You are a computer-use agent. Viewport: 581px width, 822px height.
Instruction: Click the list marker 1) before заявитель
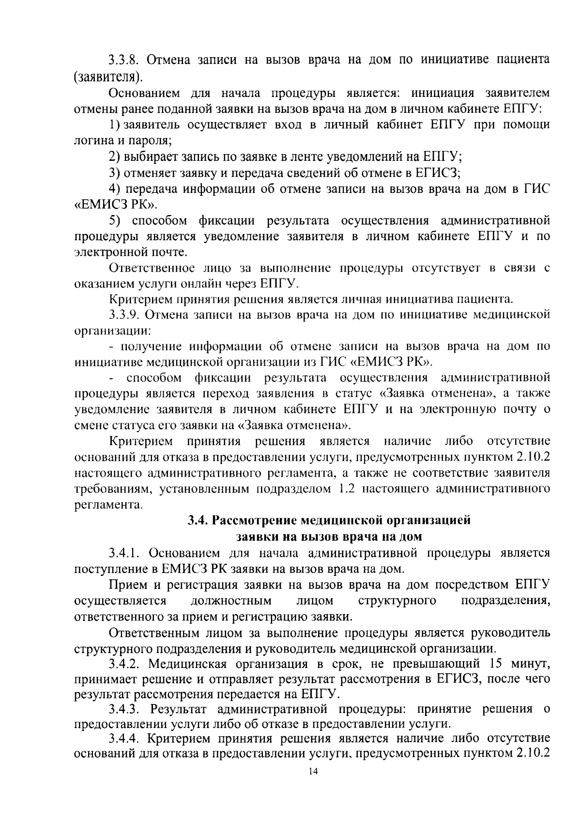(115, 125)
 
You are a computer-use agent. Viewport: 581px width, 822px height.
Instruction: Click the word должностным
(231, 601)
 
